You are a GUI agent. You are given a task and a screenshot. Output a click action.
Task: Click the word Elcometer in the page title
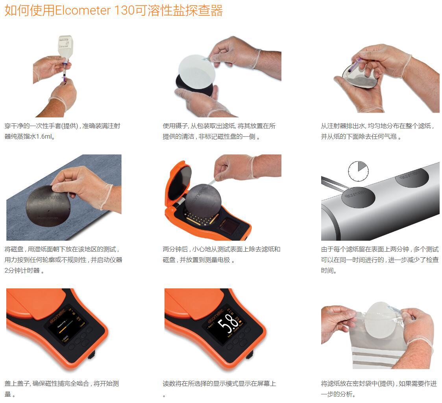tap(83, 10)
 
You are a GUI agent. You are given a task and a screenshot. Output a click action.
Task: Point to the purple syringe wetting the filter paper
tap(357, 63)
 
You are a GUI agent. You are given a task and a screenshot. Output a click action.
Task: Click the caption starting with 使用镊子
tap(219, 131)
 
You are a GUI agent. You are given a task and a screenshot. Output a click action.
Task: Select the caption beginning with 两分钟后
tap(221, 254)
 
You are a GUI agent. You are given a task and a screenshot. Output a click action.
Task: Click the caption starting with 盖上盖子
tap(62, 388)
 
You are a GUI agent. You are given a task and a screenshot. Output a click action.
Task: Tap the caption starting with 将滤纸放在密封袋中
tap(379, 388)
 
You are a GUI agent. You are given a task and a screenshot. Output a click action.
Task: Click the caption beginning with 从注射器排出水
tap(378, 131)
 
